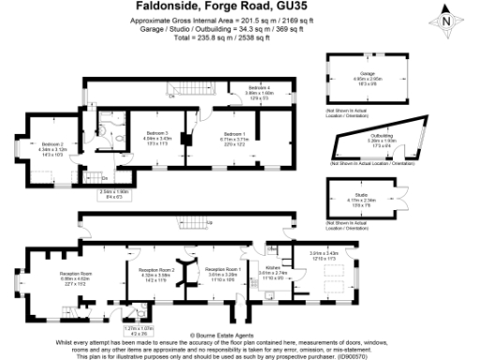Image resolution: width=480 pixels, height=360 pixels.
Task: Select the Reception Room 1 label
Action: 224,273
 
